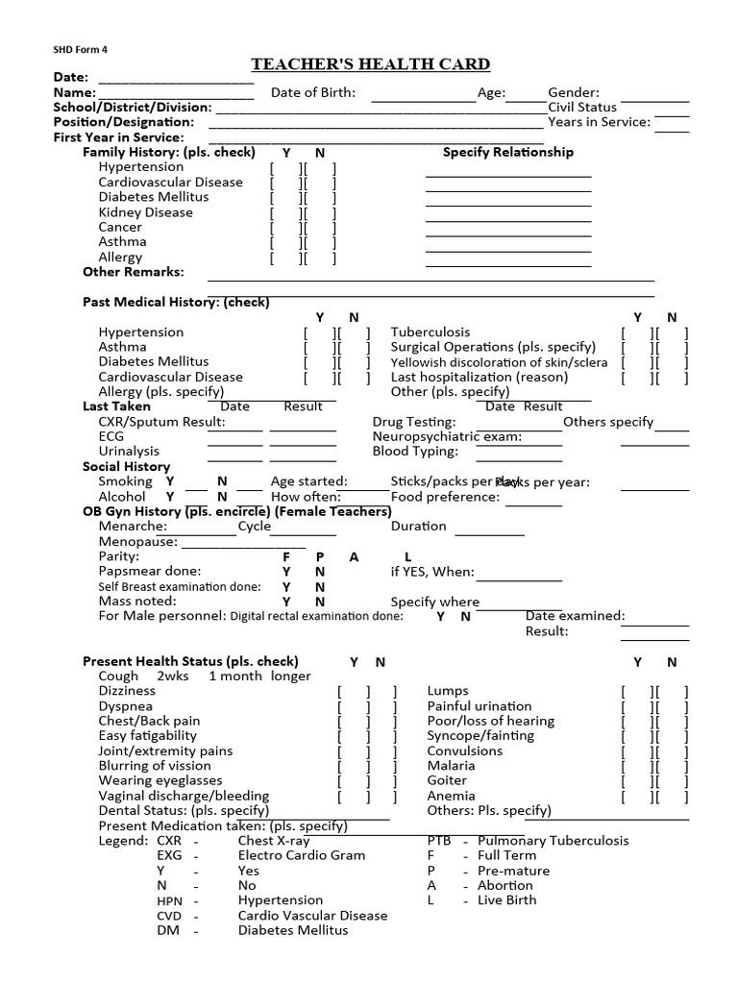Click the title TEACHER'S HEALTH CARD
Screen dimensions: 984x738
(371, 64)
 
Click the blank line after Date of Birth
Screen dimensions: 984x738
(423, 99)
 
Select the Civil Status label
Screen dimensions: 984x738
(582, 107)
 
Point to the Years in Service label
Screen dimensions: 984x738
(599, 122)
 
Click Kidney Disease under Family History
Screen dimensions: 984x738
(145, 212)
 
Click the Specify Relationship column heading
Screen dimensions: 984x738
(507, 152)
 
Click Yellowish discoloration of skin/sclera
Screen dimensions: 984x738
(499, 362)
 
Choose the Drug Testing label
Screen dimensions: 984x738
(414, 422)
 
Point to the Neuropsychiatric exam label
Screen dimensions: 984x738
(447, 436)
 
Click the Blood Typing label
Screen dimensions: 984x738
(415, 452)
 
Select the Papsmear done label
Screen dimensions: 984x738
(149, 572)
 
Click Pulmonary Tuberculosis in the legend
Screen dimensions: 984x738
(553, 841)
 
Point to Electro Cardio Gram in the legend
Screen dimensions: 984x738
(299, 855)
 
